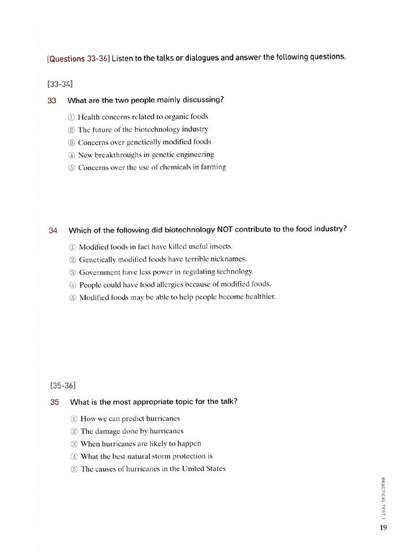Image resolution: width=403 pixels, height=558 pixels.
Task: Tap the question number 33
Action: (52, 100)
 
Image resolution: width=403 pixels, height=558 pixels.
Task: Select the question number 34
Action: (53, 230)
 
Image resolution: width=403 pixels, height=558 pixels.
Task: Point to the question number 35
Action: (55, 402)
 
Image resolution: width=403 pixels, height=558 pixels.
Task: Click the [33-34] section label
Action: (60, 84)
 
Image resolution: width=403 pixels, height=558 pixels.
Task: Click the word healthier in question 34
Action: (259, 297)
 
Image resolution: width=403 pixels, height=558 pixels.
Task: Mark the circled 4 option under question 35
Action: (74, 457)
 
